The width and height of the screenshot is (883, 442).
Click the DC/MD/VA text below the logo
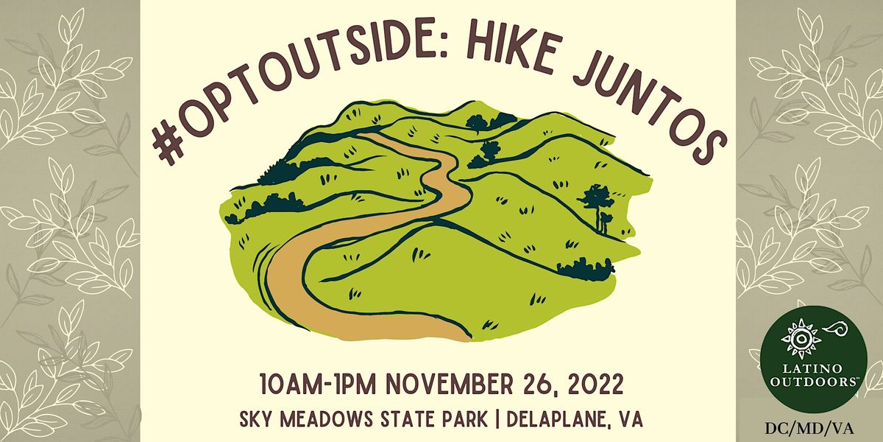coord(810,426)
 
